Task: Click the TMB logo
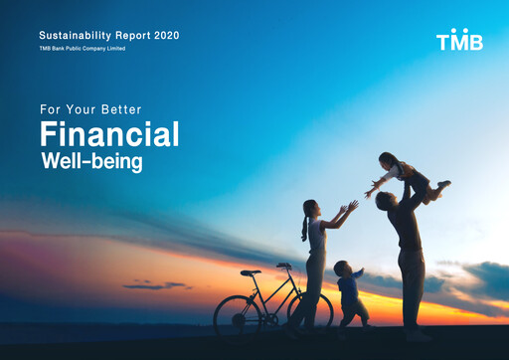459,41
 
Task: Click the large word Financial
109,134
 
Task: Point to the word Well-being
91,161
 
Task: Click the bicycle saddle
251,272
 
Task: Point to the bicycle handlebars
285,266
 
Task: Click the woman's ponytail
305,227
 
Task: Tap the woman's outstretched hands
349,208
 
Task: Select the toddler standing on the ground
349,294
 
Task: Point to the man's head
387,201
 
